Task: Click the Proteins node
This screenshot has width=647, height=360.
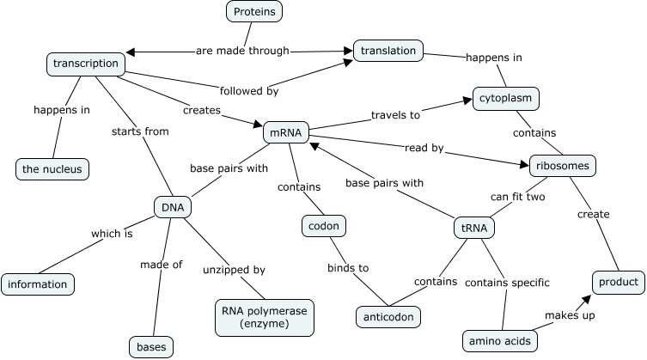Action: pos(256,11)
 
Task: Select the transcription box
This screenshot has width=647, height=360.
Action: pos(85,64)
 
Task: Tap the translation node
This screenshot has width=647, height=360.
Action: pos(388,51)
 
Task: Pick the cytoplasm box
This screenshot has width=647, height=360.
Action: pos(506,99)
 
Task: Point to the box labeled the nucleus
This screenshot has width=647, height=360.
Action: pos(52,169)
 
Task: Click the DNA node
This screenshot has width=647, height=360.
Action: pos(172,207)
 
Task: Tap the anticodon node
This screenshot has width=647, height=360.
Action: pos(388,316)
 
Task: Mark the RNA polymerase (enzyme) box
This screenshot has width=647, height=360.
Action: pos(265,317)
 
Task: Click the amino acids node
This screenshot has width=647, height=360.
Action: pos(499,340)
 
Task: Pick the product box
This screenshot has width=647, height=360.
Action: pos(618,282)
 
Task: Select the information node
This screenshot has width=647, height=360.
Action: pos(38,284)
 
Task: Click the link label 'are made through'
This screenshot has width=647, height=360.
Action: pos(242,50)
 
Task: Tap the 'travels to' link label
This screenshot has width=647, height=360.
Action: pos(396,114)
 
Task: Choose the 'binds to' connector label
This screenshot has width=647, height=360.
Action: pos(349,267)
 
